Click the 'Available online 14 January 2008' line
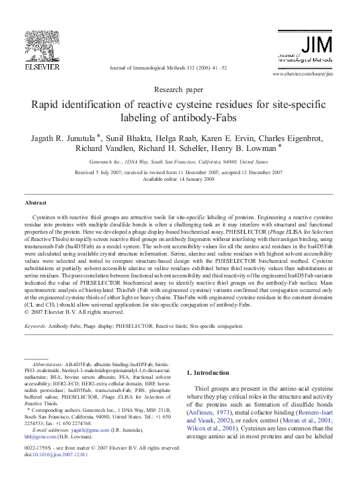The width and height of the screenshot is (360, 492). [x=179, y=178]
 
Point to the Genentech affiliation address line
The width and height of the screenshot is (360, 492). [x=179, y=161]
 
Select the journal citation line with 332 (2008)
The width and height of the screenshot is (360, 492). [x=171, y=69]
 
